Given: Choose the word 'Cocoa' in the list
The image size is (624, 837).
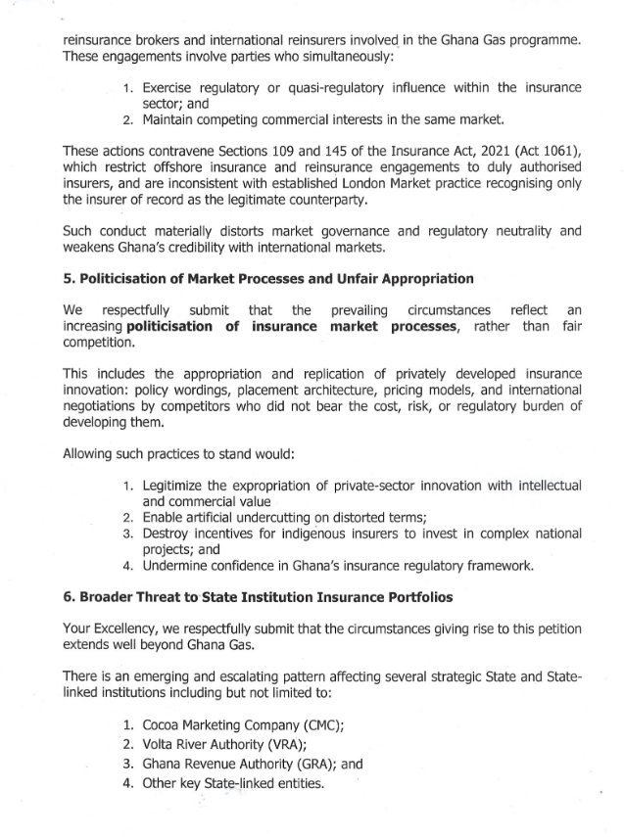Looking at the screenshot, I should click(x=163, y=727).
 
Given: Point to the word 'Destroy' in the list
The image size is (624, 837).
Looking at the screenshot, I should click(x=168, y=534).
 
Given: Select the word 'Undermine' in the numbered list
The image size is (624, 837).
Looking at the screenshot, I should click(x=178, y=567).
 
